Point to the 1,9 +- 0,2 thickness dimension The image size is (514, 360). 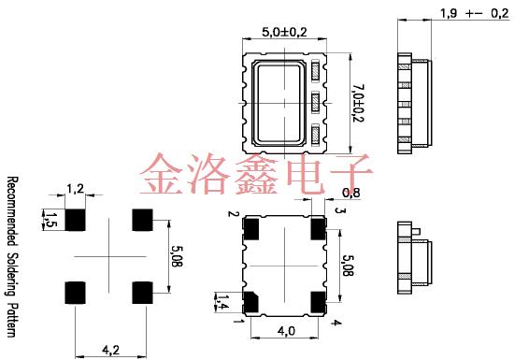(467, 13)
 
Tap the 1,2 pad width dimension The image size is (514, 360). (76, 190)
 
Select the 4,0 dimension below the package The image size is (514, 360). (285, 331)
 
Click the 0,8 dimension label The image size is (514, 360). (352, 194)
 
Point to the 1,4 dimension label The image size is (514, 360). (222, 301)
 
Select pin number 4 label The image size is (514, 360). (336, 323)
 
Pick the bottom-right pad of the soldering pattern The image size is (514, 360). (142, 291)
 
